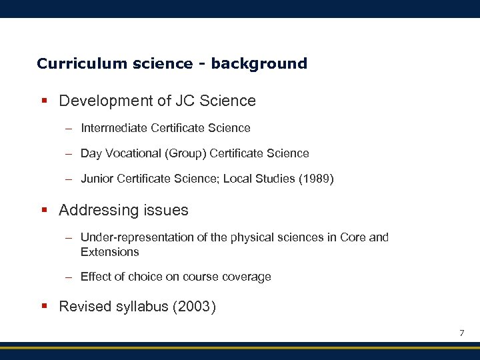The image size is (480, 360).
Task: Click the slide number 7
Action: pyautogui.click(x=461, y=333)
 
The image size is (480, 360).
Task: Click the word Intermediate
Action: pyautogui.click(x=114, y=128)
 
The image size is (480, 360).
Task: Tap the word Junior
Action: pyautogui.click(x=96, y=179)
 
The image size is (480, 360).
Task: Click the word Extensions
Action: pyautogui.click(x=109, y=252)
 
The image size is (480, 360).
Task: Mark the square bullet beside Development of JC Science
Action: pyautogui.click(x=44, y=101)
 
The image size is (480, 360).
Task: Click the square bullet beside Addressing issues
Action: pyautogui.click(x=44, y=211)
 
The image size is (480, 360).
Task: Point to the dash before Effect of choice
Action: pyautogui.click(x=69, y=277)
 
